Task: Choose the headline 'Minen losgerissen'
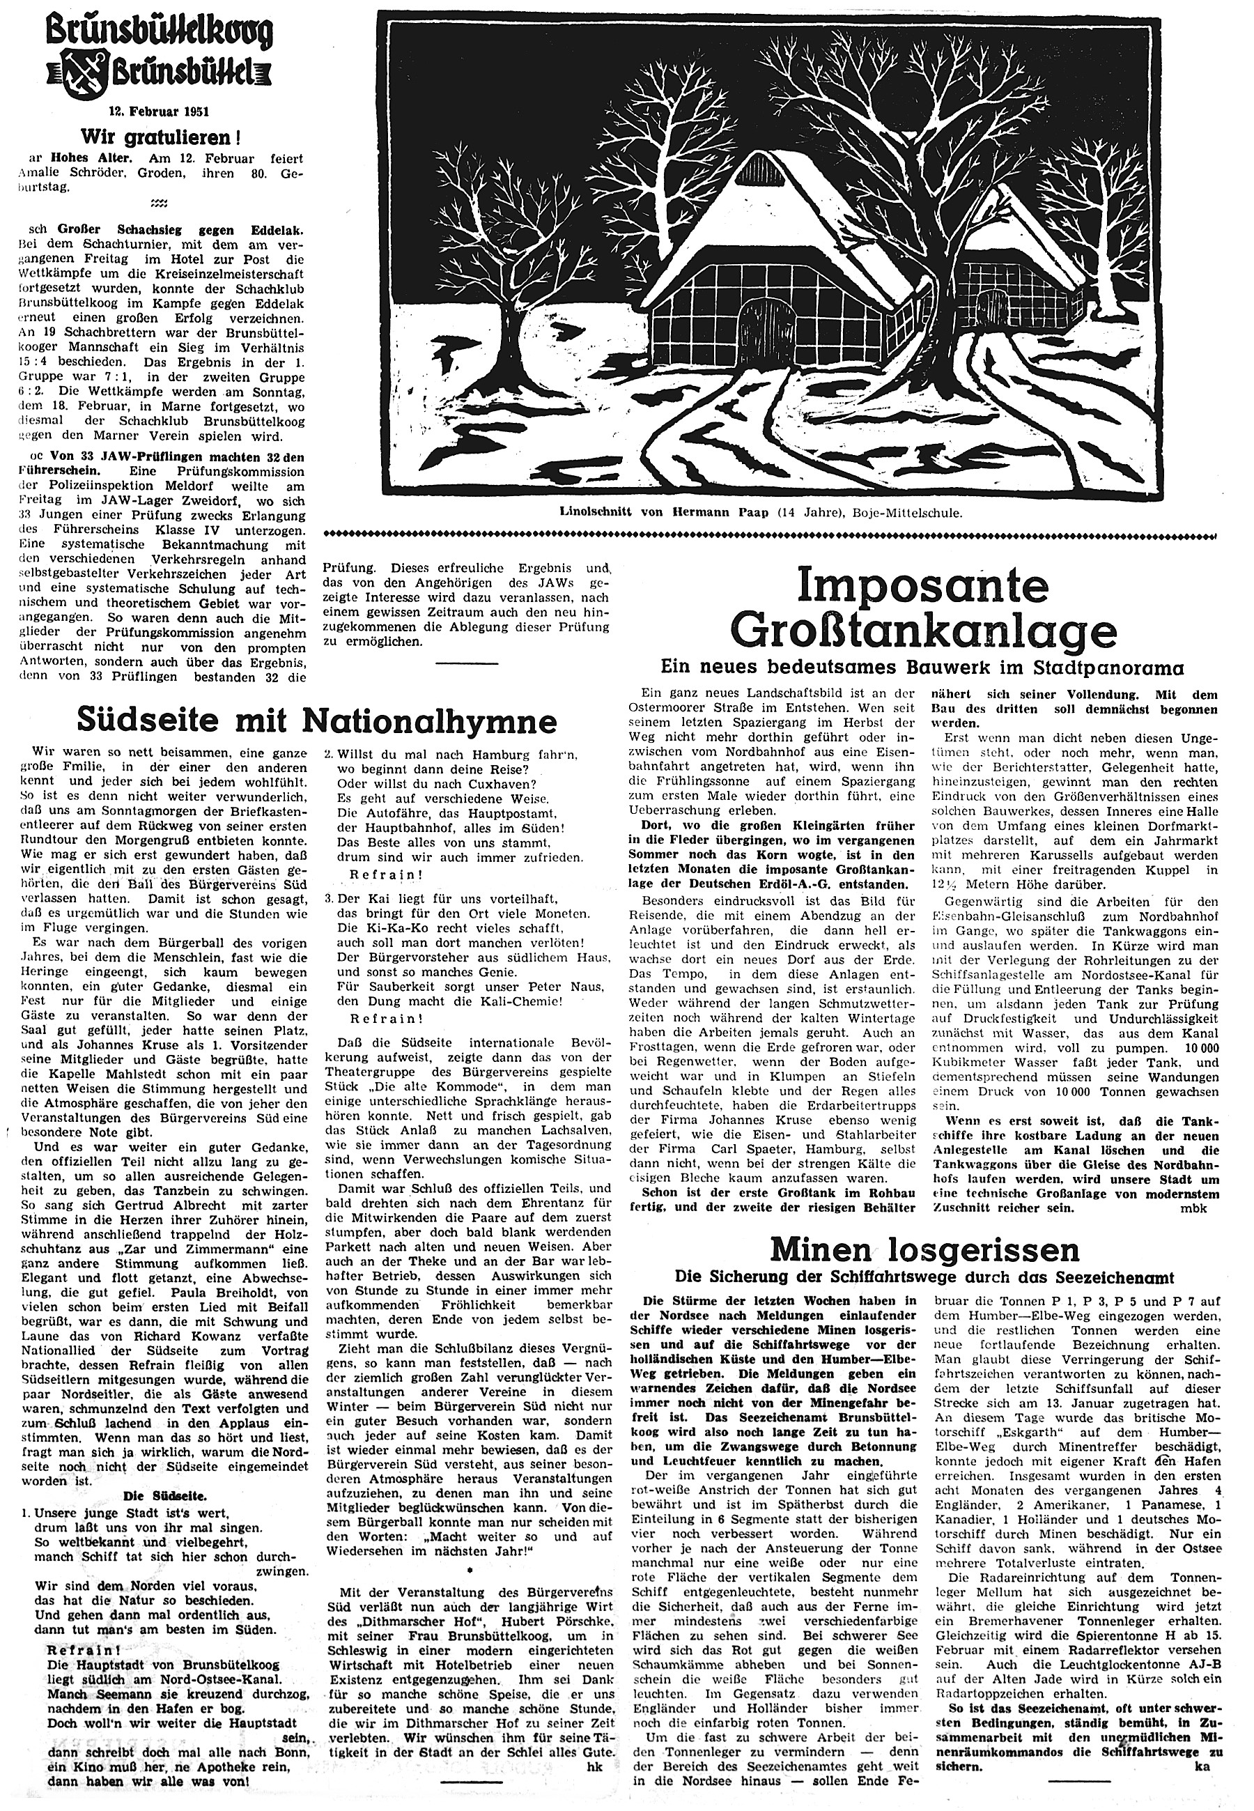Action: (x=924, y=1249)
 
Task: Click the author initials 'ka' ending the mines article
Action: (x=1210, y=1762)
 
